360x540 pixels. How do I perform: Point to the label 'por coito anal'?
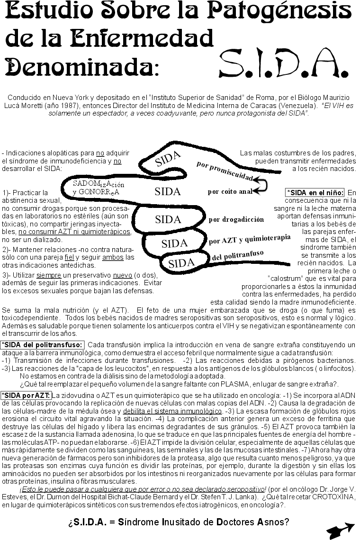230,192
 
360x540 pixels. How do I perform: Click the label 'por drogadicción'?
236,219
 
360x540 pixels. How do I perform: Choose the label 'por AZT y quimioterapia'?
249,239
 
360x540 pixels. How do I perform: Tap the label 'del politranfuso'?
237,256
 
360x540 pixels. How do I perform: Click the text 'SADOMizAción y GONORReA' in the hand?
98,188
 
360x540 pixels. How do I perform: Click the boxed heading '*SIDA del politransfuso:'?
42,345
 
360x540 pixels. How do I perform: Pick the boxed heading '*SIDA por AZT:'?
26,395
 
